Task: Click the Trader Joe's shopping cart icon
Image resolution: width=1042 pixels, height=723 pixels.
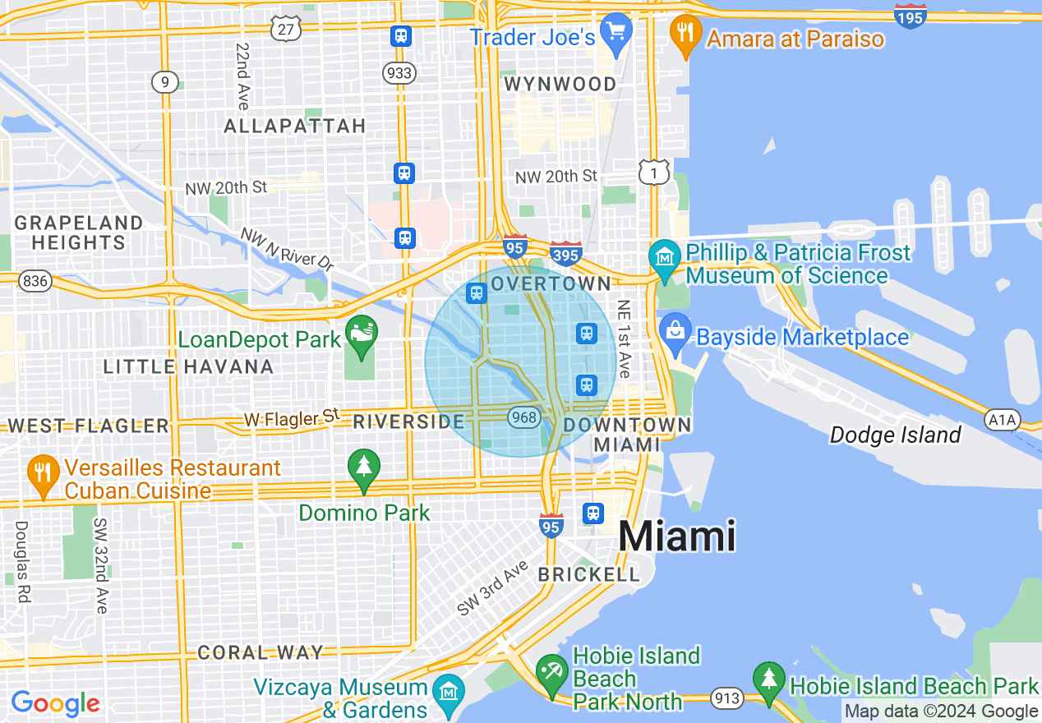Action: coord(616,32)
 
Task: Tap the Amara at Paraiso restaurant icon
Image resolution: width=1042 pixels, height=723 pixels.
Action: coord(684,35)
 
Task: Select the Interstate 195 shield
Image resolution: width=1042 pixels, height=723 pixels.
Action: coord(911,16)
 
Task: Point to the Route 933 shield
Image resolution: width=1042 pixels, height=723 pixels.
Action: coord(399,73)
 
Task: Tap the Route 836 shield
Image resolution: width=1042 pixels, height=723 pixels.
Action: coord(36,281)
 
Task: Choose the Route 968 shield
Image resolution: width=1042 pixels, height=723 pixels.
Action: coord(523,417)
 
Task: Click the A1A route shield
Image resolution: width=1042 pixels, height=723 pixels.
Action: coord(1002,420)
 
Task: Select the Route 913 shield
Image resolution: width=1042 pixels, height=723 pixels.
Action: coord(728,698)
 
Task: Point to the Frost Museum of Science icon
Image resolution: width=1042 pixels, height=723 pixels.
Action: coord(664,256)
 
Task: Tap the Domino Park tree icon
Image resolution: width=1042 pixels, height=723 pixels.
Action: coord(363,467)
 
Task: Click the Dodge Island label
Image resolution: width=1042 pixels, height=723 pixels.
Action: coord(895,435)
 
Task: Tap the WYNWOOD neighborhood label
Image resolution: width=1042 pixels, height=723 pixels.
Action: coord(560,84)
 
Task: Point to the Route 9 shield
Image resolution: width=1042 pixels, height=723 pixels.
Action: coord(165,81)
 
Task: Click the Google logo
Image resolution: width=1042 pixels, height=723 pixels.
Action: coord(55,703)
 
